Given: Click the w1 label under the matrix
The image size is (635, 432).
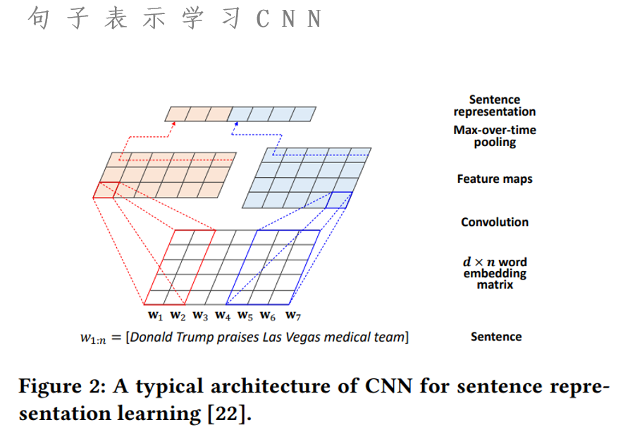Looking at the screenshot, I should tap(155, 315).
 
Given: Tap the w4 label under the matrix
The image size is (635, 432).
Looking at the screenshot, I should tap(223, 315).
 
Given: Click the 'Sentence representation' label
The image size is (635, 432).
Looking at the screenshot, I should tap(495, 106).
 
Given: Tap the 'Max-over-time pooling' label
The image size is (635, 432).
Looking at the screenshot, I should tap(495, 136).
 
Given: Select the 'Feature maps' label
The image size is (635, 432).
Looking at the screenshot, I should tap(495, 179).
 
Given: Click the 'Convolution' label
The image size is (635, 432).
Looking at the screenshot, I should tap(495, 222).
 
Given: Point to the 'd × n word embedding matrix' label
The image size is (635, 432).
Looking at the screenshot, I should tap(495, 273).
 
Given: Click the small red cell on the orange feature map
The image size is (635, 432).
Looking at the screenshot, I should tap(106, 189).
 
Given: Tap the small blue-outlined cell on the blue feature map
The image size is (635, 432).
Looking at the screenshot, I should tap(338, 200).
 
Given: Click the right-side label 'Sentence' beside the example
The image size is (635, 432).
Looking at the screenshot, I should tap(496, 337).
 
